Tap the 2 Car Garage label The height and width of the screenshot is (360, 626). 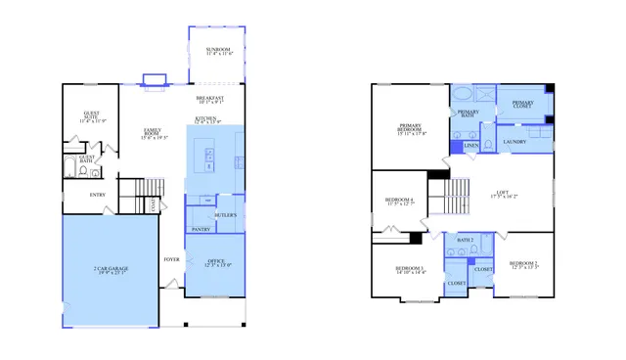tap(111, 269)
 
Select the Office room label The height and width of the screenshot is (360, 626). tap(214, 262)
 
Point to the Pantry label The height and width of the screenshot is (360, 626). tap(201, 229)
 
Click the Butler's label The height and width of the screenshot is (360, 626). tap(226, 214)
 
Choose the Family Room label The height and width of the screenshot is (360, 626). tap(154, 132)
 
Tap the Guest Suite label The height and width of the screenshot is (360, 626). tap(92, 117)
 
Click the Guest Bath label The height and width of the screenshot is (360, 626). tap(86, 158)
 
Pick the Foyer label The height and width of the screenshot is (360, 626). tap(171, 259)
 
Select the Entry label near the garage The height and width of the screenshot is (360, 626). tap(98, 194)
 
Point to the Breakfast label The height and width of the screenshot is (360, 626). tap(209, 98)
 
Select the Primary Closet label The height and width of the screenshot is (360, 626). tap(522, 103)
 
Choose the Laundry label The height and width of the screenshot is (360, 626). tap(514, 142)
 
